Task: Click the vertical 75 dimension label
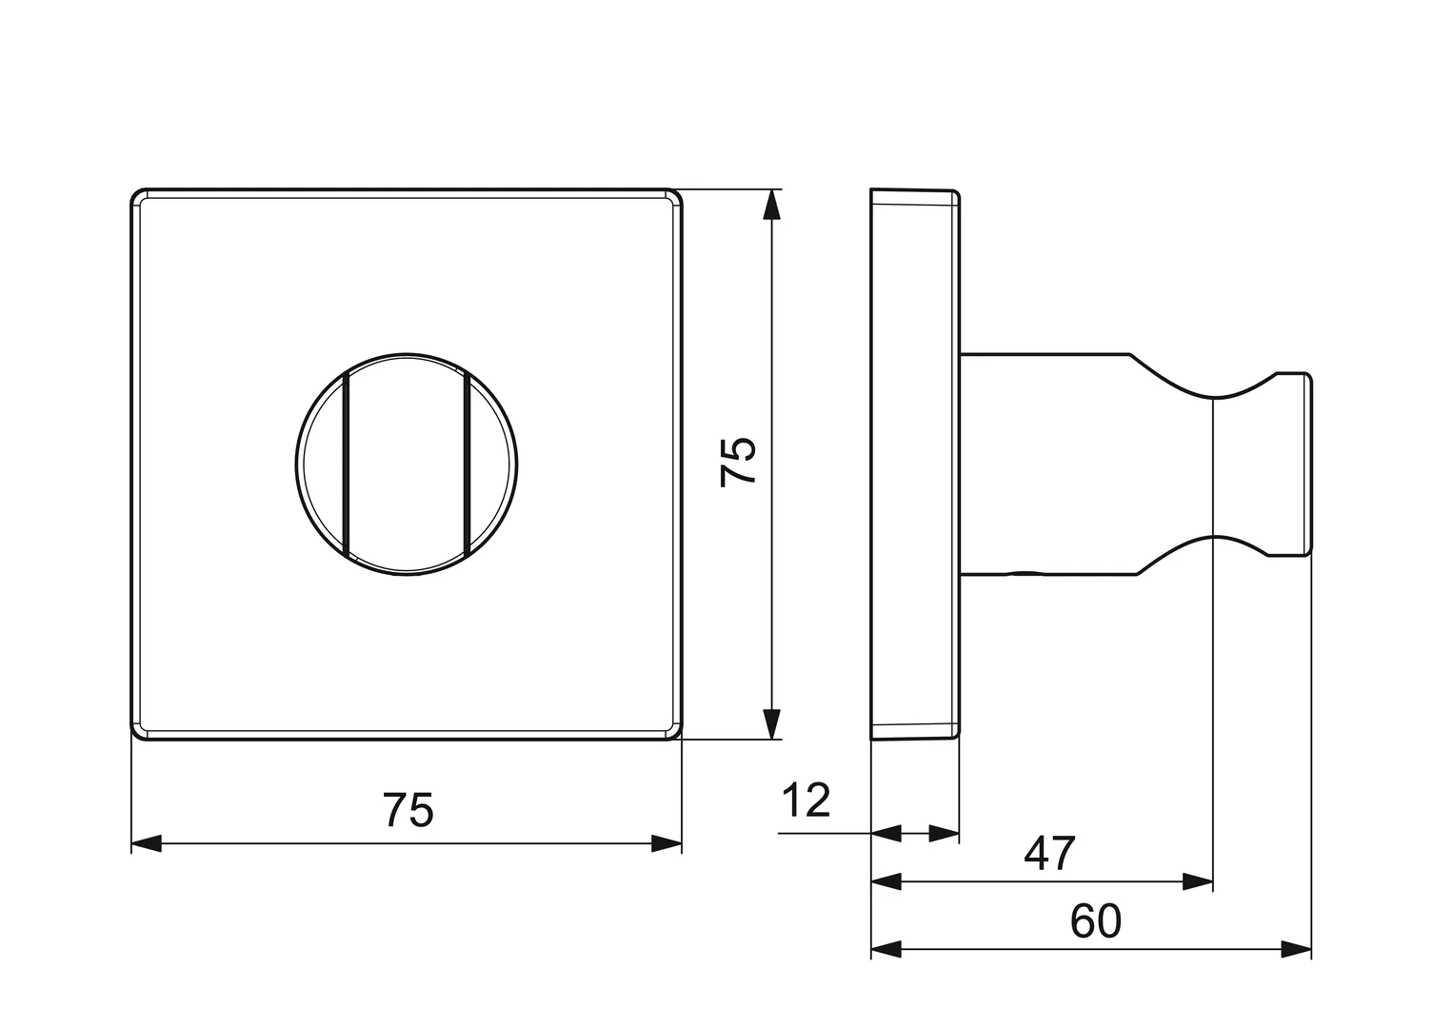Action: coord(739,462)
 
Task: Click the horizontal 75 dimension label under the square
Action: coord(408,810)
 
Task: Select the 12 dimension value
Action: coord(807,801)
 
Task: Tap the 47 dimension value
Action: coord(1049,854)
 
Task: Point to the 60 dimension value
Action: coord(1096,921)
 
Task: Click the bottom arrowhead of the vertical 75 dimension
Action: coord(771,723)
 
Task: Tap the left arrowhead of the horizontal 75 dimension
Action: coord(147,843)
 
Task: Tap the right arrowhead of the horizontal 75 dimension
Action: coord(667,843)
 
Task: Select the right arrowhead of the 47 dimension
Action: coord(1198,882)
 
